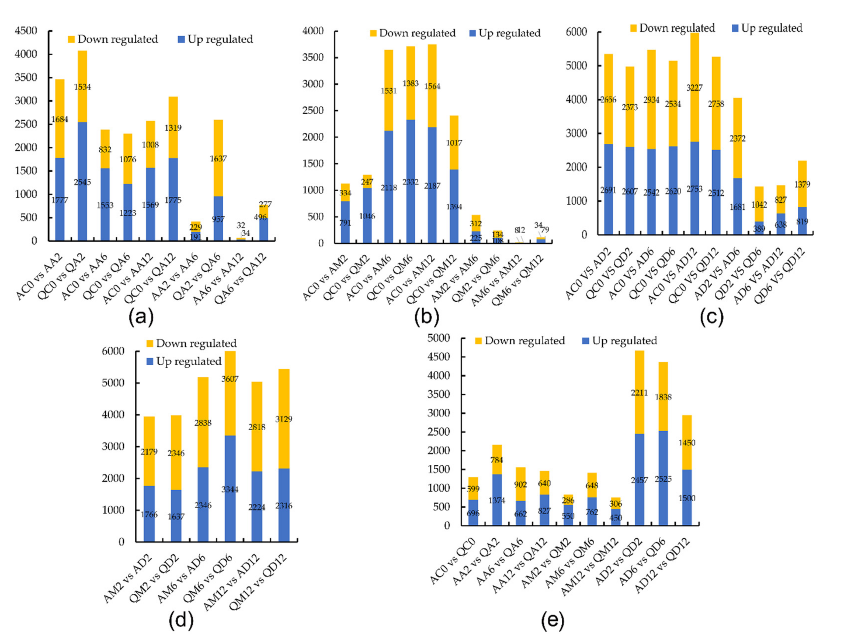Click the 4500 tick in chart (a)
point(26,31)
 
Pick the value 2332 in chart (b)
point(410,182)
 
